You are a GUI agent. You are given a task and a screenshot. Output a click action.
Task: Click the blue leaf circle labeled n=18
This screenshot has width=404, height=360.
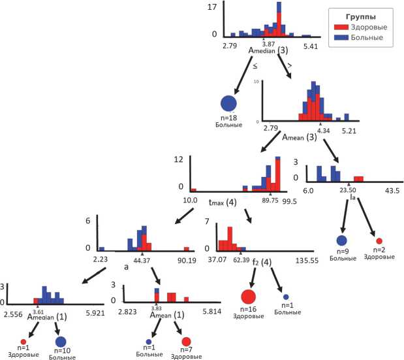tap(228, 103)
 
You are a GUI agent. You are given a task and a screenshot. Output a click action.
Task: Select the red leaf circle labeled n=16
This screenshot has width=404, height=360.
tap(248, 297)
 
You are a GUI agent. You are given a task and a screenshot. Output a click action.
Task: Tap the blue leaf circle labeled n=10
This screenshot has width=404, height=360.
tap(61, 341)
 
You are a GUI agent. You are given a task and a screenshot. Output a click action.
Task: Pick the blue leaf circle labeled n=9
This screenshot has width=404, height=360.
tap(343, 240)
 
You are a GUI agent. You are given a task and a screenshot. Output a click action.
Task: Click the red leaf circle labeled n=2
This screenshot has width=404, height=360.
tap(379, 241)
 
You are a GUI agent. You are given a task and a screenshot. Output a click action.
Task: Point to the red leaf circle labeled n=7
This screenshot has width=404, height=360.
tap(186, 341)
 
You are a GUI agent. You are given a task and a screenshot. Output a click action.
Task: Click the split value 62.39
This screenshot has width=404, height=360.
tap(241, 260)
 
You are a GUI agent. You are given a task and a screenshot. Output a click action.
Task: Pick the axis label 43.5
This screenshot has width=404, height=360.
tap(391, 189)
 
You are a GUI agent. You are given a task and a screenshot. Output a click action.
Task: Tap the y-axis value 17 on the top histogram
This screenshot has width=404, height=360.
tap(213, 8)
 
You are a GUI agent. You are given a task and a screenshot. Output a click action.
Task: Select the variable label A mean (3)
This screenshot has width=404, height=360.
tap(299, 138)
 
